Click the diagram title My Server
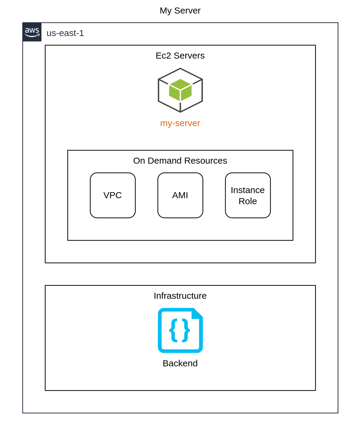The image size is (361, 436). click(x=180, y=11)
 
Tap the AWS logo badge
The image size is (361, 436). click(x=32, y=32)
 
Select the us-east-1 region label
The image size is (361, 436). click(x=65, y=33)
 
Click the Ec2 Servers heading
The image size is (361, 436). click(x=180, y=56)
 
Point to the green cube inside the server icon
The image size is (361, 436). click(x=180, y=90)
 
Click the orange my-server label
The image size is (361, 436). click(x=180, y=123)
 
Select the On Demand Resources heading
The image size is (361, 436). click(x=180, y=161)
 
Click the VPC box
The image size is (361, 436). click(x=113, y=195)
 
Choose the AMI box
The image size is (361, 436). click(x=180, y=195)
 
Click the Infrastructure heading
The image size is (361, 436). click(x=180, y=296)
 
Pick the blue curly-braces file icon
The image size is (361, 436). click(x=180, y=330)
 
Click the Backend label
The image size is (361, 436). click(x=180, y=363)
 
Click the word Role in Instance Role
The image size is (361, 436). click(x=248, y=201)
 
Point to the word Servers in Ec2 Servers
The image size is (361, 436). click(x=189, y=56)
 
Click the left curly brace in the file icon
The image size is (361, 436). click(x=174, y=330)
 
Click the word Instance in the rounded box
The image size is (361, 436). click(x=248, y=190)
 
